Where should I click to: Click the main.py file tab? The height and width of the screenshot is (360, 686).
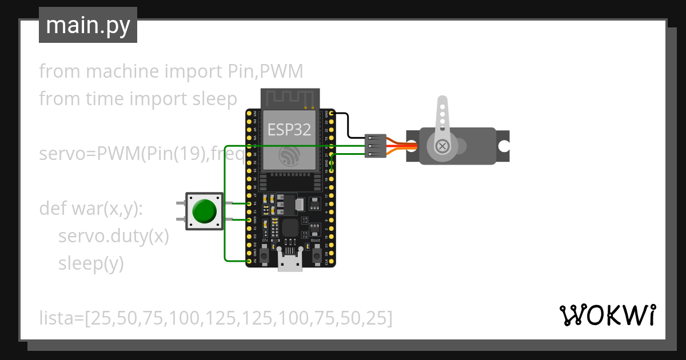87,25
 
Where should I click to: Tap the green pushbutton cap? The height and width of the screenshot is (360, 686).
204,211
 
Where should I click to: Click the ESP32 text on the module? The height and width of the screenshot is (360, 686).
289,129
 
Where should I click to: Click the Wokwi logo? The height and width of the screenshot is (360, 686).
607,315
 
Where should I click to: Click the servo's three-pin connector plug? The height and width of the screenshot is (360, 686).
375,146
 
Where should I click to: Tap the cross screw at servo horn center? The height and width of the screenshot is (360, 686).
441,147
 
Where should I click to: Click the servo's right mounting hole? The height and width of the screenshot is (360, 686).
504,146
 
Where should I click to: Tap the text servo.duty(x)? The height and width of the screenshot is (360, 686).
113,236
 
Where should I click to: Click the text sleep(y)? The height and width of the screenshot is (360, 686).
91,263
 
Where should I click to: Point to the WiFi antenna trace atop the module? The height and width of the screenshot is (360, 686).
289,98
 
